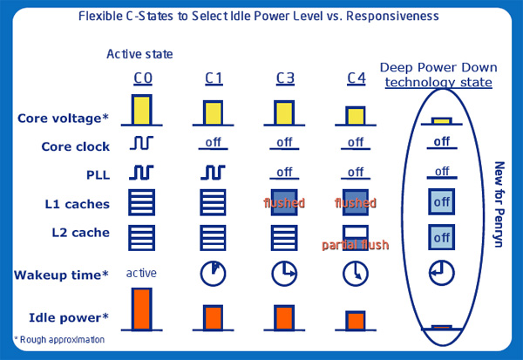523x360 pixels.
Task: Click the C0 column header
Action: click(143, 78)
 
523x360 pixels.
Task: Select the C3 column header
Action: click(285, 78)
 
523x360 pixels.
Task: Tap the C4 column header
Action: click(357, 78)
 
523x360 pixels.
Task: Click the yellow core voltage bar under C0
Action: click(142, 110)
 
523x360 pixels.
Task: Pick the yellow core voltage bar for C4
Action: click(356, 116)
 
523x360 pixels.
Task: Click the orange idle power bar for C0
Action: click(142, 309)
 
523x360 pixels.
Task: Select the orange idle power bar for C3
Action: click(284, 317)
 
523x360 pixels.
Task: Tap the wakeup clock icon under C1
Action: click(213, 274)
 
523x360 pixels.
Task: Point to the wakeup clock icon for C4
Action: click(356, 274)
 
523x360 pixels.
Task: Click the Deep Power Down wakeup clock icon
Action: click(441, 273)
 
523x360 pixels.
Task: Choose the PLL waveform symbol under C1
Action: click(213, 173)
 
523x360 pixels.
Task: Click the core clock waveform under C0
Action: click(141, 143)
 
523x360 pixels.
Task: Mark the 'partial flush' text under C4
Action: click(356, 245)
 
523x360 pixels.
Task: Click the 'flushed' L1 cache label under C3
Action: click(284, 203)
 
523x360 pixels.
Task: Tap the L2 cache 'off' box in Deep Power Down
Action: click(441, 237)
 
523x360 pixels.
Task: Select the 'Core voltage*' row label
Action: click(63, 119)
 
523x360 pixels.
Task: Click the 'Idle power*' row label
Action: click(69, 317)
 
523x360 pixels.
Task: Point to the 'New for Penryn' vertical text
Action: click(499, 205)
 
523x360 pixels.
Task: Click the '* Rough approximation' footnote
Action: click(59, 340)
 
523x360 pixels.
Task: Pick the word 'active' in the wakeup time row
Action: click(141, 273)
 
